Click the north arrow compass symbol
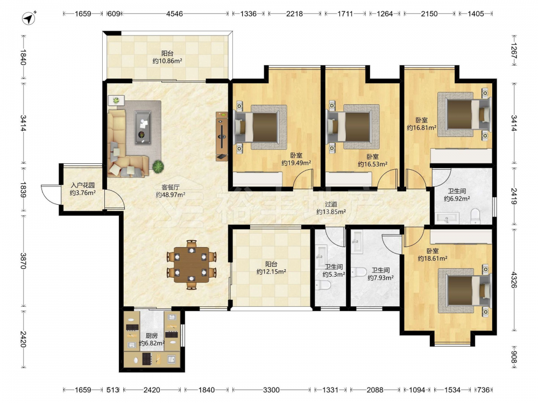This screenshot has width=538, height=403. (x=29, y=18)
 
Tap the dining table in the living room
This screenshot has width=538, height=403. (x=192, y=264)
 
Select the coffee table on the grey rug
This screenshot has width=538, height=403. (x=143, y=127)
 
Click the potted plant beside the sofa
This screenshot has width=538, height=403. (x=158, y=167)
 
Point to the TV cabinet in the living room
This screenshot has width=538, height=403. (x=222, y=136)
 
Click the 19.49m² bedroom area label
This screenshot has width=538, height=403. (x=296, y=163)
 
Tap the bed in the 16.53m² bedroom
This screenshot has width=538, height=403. (x=353, y=127)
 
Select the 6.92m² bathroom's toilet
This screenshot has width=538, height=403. (x=475, y=216)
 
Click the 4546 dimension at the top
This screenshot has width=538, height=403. (x=174, y=14)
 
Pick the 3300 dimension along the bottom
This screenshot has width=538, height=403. (x=271, y=390)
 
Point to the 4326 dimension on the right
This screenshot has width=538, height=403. (x=514, y=279)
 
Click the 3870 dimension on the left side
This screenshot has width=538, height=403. (x=23, y=261)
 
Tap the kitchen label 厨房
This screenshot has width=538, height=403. (x=151, y=336)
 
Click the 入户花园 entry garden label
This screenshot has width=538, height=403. (x=83, y=185)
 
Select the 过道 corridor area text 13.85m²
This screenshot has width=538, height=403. (x=331, y=212)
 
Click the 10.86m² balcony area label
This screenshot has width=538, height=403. (x=167, y=61)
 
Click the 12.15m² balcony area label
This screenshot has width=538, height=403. (x=271, y=272)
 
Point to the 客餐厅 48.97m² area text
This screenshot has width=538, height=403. (x=171, y=195)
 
